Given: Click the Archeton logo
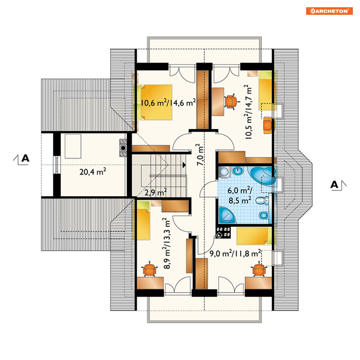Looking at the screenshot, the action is [329, 11].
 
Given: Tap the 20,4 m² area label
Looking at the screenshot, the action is [93, 171].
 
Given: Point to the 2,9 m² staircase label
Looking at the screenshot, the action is [156, 192].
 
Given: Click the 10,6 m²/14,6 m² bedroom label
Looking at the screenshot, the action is [168, 102].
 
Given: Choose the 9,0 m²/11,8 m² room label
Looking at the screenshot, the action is [235, 253].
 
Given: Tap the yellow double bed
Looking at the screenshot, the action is [156, 102].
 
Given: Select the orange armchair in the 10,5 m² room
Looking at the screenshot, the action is [269, 125].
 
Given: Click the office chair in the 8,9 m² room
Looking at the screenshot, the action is [149, 269].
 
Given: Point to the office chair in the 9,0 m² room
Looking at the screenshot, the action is [259, 269].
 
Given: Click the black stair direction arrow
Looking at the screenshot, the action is [184, 165].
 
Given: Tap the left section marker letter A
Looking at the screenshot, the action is [25, 158].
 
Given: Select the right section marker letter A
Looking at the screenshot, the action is [335, 185].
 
